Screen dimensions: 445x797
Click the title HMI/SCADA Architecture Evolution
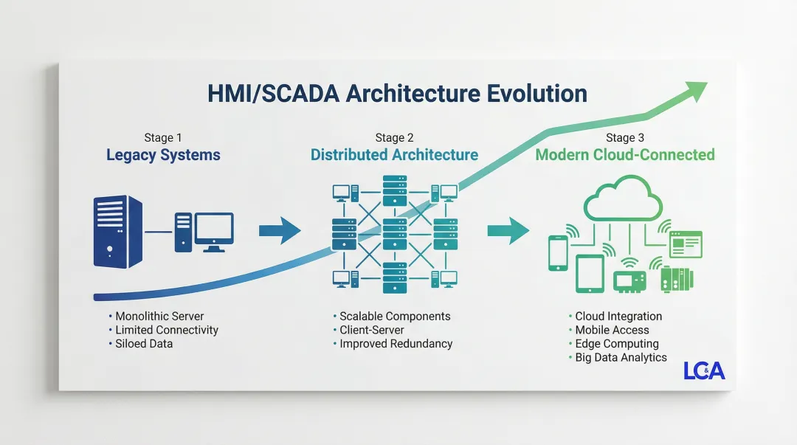tap(398, 94)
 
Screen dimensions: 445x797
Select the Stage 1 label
tap(163, 138)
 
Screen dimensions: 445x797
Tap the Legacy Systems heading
tap(163, 155)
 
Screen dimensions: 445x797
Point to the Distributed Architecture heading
tap(394, 155)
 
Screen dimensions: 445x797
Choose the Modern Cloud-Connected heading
tap(624, 155)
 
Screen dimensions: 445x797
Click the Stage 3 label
tap(624, 138)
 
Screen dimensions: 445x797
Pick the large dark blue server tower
tap(118, 231)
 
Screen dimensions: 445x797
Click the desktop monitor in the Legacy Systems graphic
tap(213, 230)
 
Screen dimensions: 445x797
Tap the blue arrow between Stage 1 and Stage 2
tap(280, 231)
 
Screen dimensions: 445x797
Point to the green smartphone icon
tap(558, 252)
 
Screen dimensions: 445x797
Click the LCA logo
tap(704, 370)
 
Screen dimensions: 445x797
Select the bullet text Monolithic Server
tap(159, 317)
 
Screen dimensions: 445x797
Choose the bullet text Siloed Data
tap(144, 344)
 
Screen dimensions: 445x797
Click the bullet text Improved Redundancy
tap(396, 344)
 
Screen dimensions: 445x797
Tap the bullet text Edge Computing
tap(617, 344)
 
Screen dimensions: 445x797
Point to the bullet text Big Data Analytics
tap(621, 358)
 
